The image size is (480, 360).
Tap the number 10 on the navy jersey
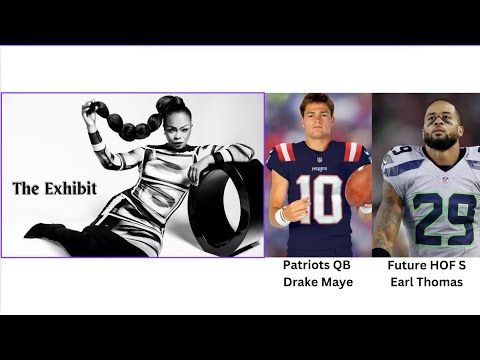[318, 198]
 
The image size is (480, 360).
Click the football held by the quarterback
[359, 186]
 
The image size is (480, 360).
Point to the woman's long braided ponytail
[125, 122]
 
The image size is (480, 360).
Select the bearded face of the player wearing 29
[441, 127]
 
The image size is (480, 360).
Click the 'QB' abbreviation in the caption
[343, 265]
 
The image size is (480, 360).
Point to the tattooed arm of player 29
[387, 215]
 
